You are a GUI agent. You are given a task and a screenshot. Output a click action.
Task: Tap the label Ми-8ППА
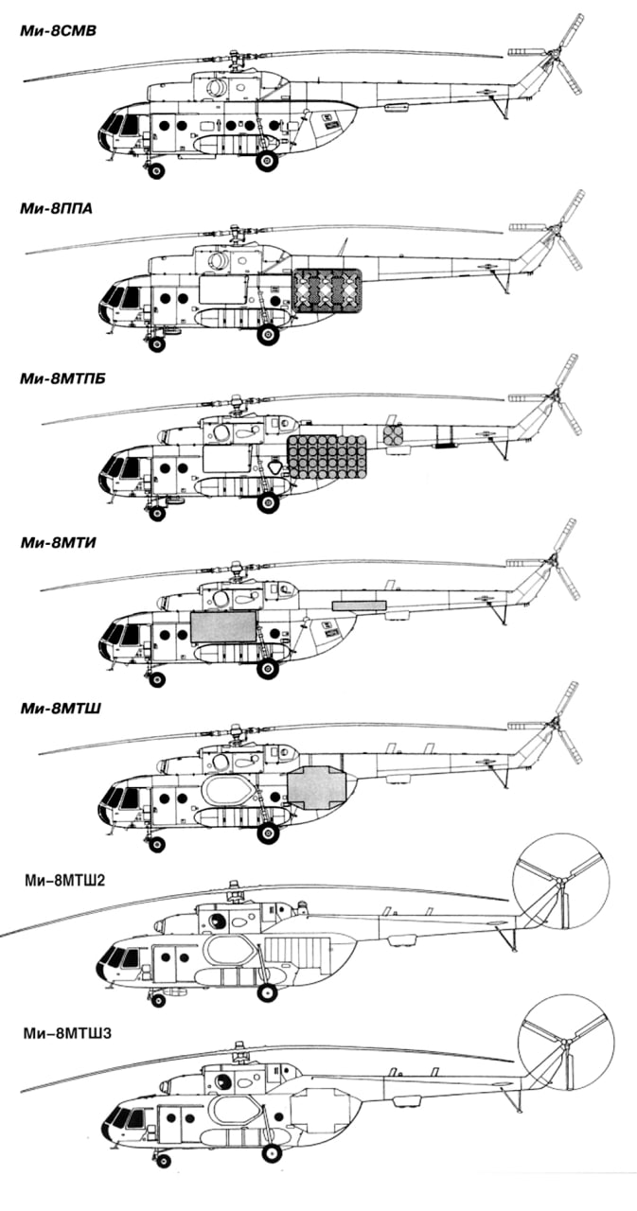tap(56, 209)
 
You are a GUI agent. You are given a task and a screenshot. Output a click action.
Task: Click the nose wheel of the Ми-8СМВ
tap(155, 171)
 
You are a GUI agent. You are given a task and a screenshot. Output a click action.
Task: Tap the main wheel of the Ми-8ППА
tap(269, 334)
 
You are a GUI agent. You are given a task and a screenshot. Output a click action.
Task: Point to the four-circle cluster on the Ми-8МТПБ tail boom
tap(393, 435)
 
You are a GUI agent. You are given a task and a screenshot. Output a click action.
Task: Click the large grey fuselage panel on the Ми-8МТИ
tap(223, 627)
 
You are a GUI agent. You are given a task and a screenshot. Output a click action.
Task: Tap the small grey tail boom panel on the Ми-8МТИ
tap(360, 604)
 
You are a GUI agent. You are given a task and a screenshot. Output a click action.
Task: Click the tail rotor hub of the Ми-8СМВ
tap(554, 59)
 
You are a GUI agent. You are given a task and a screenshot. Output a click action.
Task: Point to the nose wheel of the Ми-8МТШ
tap(156, 839)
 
